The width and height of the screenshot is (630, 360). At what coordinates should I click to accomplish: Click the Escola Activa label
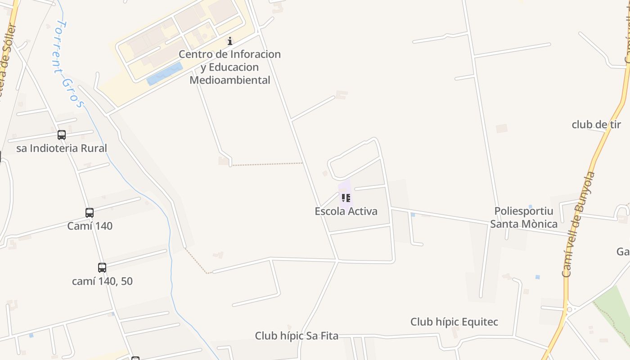click(346, 211)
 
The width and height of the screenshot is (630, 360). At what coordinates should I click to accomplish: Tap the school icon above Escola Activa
click(346, 198)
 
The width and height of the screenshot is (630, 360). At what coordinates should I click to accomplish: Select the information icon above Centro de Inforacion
click(230, 41)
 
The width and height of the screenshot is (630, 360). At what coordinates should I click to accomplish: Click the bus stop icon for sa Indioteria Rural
click(62, 135)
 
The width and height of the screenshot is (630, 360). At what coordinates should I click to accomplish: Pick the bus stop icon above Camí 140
click(90, 213)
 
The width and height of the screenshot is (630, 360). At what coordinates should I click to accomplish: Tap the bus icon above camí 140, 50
click(102, 268)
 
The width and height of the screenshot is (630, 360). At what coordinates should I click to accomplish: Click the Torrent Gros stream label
click(68, 63)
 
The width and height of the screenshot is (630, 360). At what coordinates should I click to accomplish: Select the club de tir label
click(596, 125)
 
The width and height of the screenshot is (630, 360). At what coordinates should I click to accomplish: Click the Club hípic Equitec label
click(454, 322)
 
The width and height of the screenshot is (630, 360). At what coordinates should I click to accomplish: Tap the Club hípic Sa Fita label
click(297, 336)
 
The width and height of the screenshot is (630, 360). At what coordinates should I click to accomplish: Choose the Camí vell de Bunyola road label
click(579, 224)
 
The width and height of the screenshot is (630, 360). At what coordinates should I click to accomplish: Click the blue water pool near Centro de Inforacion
click(165, 73)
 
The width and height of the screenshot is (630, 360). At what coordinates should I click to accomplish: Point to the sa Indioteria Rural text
click(62, 148)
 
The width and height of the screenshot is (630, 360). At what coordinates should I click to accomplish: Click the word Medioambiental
click(229, 80)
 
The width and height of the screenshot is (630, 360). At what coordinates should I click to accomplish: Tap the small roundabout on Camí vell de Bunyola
click(569, 310)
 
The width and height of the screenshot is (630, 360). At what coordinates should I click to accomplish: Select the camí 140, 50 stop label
click(102, 281)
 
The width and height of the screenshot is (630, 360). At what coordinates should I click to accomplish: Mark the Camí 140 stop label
click(90, 226)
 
